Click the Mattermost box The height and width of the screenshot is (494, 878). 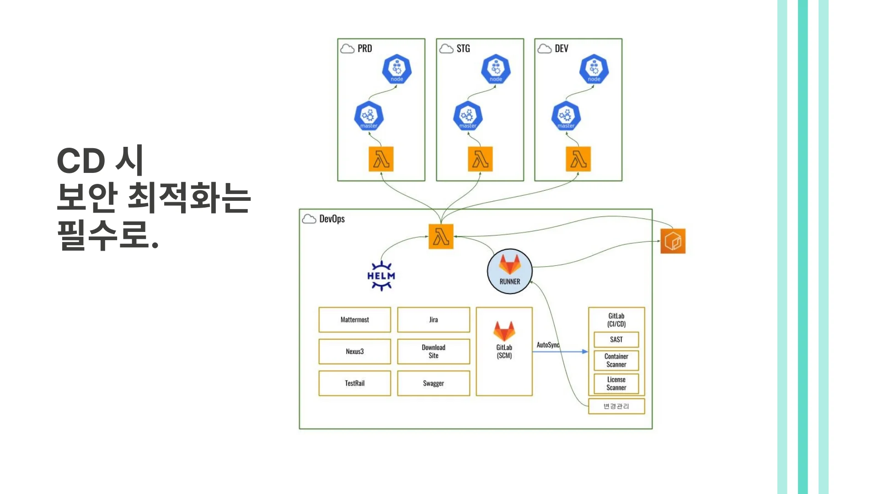point(354,320)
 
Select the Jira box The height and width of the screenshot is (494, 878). point(433,320)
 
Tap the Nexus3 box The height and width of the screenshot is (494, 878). point(354,351)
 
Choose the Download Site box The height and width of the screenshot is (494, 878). point(433,351)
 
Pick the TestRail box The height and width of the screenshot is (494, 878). point(354,383)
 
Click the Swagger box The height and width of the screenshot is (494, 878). point(433,383)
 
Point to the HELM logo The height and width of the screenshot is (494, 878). point(381,276)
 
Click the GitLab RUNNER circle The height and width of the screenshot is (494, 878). point(509,271)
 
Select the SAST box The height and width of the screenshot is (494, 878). point(616,339)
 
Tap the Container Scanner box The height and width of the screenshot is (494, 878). point(616,360)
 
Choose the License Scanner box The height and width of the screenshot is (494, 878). point(616,383)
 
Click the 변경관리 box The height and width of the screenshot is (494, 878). point(616,406)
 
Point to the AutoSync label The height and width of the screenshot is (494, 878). point(548,345)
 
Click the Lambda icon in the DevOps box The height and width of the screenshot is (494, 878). point(441,236)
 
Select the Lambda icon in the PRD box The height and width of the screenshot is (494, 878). point(381,159)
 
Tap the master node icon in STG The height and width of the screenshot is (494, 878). point(468,116)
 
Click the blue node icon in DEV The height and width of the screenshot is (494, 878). point(594,70)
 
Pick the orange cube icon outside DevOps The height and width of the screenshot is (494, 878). point(673,241)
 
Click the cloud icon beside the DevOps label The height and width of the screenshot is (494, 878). point(309,219)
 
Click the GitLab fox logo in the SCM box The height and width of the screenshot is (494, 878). point(504,331)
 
